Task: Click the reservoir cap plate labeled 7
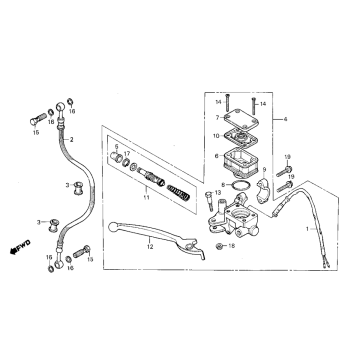tap(238, 118)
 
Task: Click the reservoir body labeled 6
tap(240, 158)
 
